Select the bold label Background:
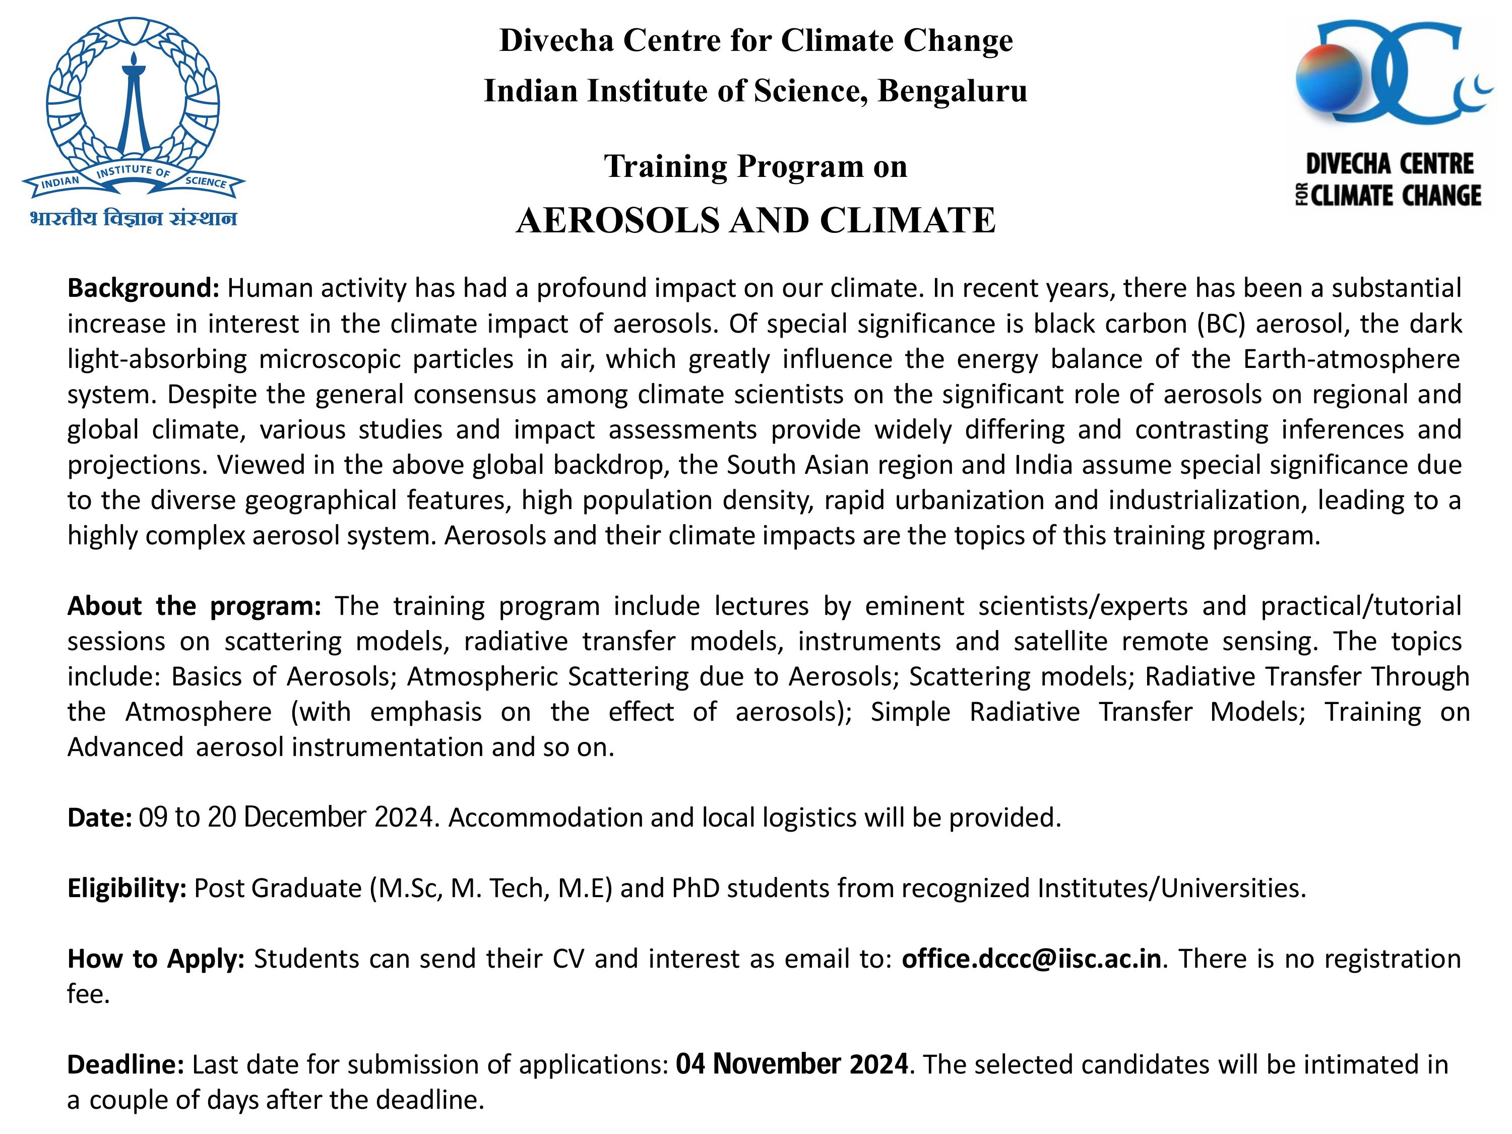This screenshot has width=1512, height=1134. (x=142, y=288)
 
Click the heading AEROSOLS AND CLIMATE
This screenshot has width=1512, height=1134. (x=755, y=220)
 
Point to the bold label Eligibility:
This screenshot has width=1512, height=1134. (x=127, y=888)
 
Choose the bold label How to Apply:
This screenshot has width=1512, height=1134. (x=156, y=959)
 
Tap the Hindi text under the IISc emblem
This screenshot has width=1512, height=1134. (x=133, y=219)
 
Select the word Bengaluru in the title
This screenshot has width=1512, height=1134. (x=952, y=91)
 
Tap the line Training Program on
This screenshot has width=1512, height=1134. (x=755, y=166)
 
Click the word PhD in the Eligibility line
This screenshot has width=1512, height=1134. (x=695, y=888)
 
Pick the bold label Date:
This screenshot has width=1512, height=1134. (x=99, y=817)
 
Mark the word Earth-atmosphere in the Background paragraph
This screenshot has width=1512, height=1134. (x=1351, y=359)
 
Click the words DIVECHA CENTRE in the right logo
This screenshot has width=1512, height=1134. (x=1390, y=165)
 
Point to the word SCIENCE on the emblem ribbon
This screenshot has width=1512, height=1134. (x=206, y=182)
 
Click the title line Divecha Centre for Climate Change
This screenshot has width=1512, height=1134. (x=755, y=40)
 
